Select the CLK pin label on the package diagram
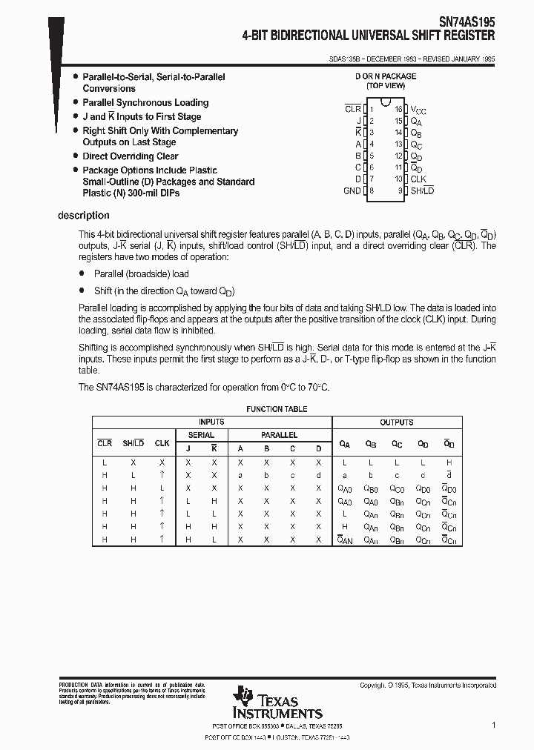pos(418,179)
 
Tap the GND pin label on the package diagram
pos(352,190)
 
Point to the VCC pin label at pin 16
pos(418,109)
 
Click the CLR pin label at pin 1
pos(353,109)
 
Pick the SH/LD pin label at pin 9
pos(422,190)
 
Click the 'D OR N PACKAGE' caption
pos(385,76)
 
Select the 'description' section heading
pos(83,216)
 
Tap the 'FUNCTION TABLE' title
pos(276,409)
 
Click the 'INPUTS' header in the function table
pos(211,422)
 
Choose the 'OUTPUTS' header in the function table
pos(396,422)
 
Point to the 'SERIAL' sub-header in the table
pos(201,435)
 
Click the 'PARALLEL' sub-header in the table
pos(279,435)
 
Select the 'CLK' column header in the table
pos(162,443)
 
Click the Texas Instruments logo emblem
pos(243,697)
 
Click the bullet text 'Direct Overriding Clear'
pos(130,156)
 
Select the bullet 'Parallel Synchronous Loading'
pos(145,102)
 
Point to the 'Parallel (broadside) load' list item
pos(141,273)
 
